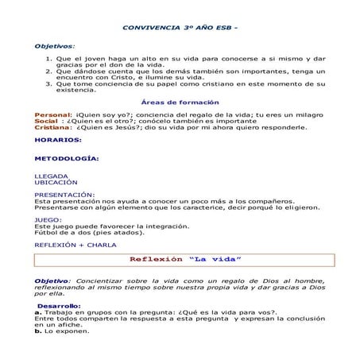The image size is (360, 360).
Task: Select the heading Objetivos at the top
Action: (x=53, y=47)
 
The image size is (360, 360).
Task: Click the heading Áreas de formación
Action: (x=180, y=103)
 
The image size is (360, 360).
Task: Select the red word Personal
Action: (x=52, y=115)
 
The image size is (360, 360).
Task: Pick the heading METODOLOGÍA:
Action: (x=67, y=157)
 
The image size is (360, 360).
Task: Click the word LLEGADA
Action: (x=52, y=175)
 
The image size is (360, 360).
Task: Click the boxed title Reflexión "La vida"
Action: (x=185, y=260)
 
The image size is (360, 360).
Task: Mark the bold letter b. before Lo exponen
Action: (x=37, y=331)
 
